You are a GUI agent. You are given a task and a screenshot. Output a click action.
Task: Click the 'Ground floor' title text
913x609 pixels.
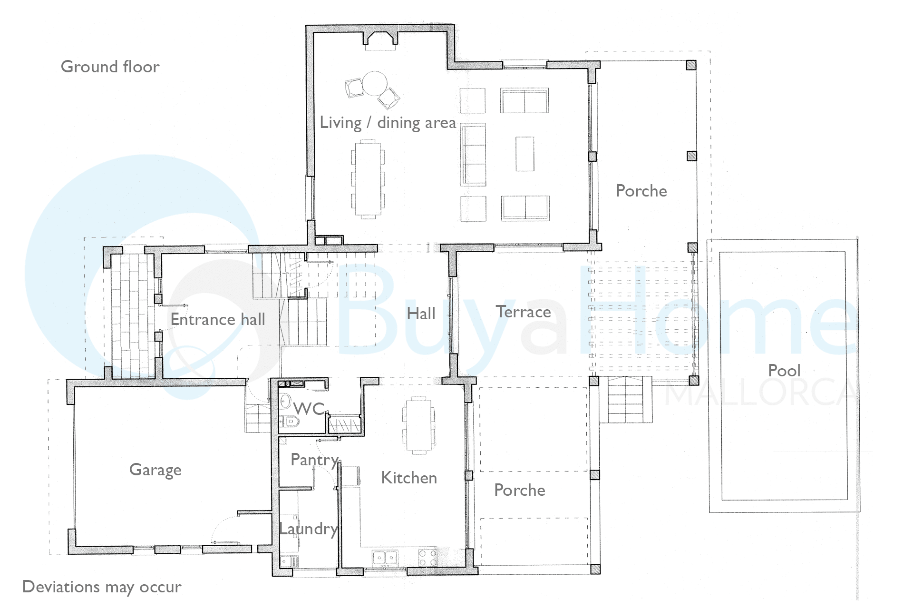pyautogui.click(x=110, y=67)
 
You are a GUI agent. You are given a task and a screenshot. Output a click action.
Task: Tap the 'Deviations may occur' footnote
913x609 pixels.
pyautogui.click(x=102, y=587)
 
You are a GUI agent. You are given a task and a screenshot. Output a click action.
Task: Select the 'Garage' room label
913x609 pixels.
pyautogui.click(x=155, y=470)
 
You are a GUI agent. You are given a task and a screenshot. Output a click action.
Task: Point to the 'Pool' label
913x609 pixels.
pyautogui.click(x=784, y=371)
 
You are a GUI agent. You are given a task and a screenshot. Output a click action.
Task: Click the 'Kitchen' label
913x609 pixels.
pyautogui.click(x=409, y=478)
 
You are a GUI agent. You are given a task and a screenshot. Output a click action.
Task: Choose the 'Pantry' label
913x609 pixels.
pyautogui.click(x=315, y=460)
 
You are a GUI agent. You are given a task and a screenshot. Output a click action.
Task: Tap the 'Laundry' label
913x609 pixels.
pyautogui.click(x=309, y=529)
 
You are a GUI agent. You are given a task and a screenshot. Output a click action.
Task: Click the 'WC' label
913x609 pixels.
pyautogui.click(x=309, y=408)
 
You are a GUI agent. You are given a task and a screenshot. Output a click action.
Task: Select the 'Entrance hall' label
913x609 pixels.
pyautogui.click(x=218, y=319)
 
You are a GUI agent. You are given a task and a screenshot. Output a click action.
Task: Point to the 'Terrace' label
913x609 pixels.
pyautogui.click(x=524, y=312)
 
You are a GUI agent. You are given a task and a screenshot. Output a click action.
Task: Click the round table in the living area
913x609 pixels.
pyautogui.click(x=374, y=84)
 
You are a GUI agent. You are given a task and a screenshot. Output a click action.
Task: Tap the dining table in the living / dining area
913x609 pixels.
pyautogui.click(x=368, y=179)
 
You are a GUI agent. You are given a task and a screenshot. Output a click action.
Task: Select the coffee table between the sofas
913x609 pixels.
pyautogui.click(x=525, y=154)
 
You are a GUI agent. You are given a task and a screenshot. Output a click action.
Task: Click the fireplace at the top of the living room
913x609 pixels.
pyautogui.click(x=380, y=40)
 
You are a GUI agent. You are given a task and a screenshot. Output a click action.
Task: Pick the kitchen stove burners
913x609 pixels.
pyautogui.click(x=427, y=558)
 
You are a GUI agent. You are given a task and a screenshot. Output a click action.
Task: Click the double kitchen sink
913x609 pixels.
pyautogui.click(x=385, y=558)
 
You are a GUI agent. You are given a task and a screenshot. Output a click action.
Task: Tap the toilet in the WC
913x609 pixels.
pyautogui.click(x=289, y=421)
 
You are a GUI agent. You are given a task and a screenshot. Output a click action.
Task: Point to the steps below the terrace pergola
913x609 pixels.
pyautogui.click(x=625, y=400)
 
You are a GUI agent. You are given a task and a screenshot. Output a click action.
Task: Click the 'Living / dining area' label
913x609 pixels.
pyautogui.click(x=388, y=123)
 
